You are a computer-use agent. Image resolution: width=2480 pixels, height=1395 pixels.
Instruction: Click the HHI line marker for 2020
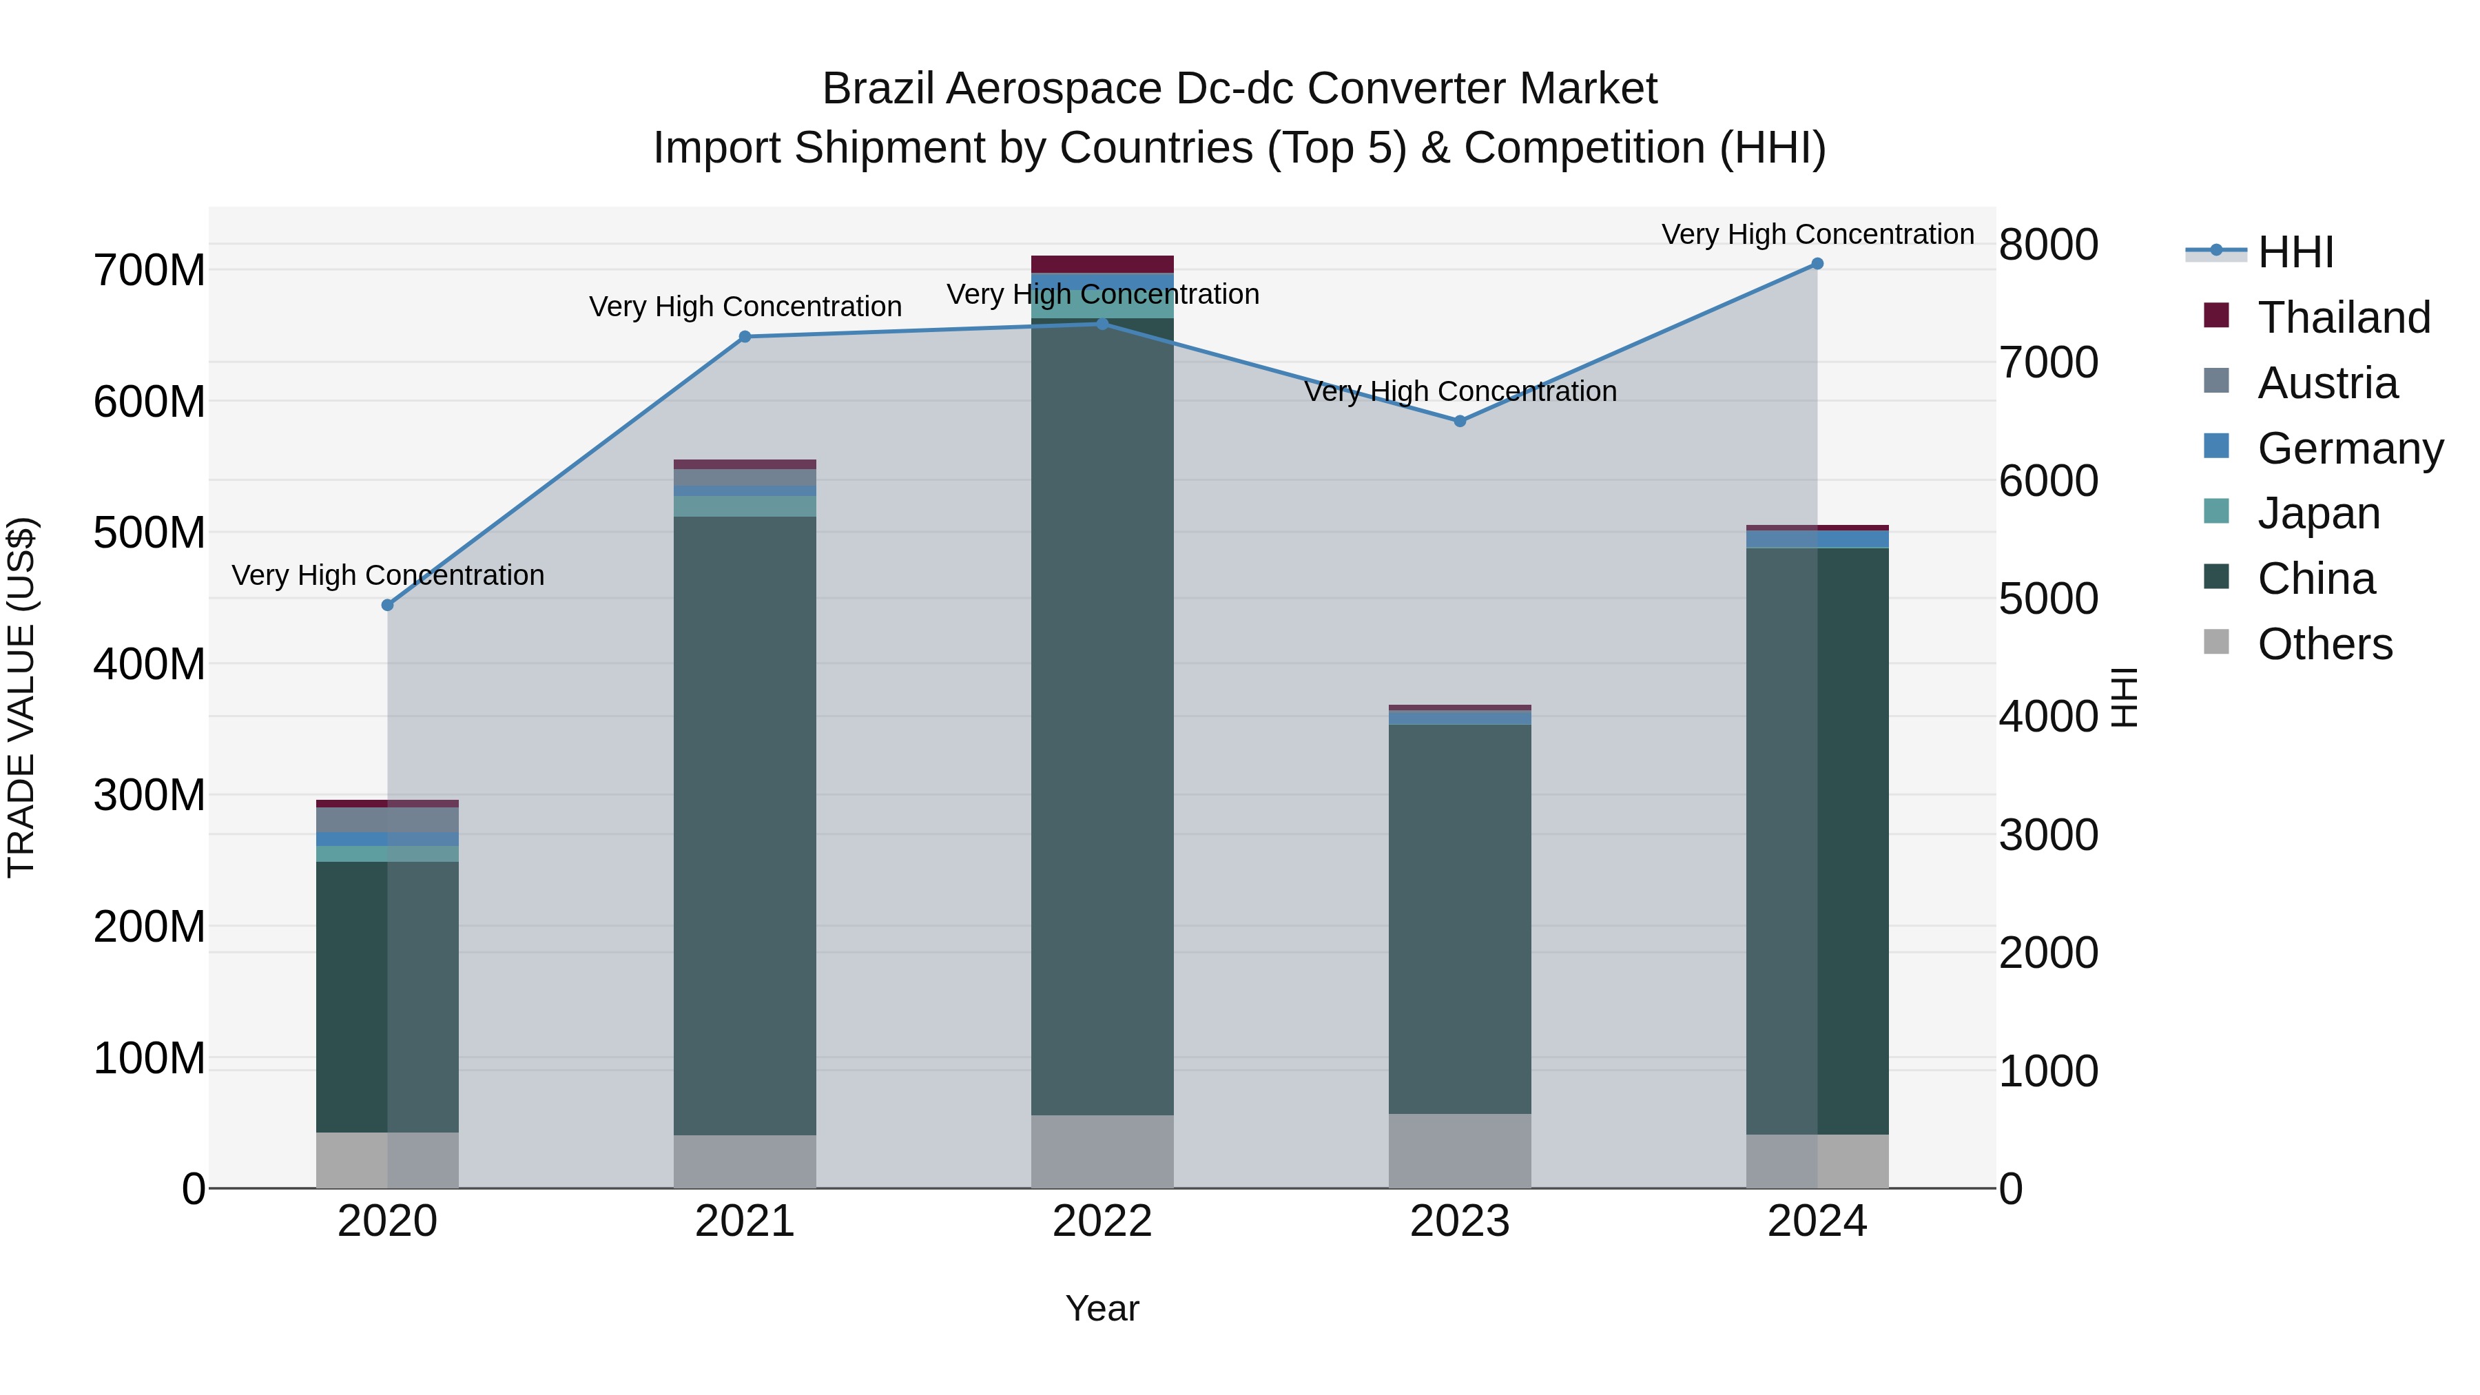click(388, 606)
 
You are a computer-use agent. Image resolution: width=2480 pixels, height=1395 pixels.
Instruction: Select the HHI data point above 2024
click(1817, 264)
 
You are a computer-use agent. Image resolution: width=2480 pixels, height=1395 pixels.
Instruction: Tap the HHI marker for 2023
click(1460, 422)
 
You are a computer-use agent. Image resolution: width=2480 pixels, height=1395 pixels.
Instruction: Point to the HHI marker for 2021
click(745, 337)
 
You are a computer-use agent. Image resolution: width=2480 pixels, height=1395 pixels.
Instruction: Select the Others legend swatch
click(2216, 642)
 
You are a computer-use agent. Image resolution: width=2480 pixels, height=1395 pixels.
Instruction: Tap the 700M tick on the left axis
click(149, 271)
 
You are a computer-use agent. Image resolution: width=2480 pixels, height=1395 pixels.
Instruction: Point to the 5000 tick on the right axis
click(2048, 599)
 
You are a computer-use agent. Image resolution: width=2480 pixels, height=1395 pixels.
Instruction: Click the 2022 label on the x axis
click(1102, 1221)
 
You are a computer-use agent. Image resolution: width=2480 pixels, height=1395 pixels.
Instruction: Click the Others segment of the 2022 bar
click(1102, 1151)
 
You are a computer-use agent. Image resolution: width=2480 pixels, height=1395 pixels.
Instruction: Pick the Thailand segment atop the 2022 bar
click(1102, 265)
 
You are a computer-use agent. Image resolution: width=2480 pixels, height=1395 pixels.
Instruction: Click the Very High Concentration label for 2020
click(388, 576)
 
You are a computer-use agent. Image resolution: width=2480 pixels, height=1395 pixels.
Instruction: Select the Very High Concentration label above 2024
click(1817, 235)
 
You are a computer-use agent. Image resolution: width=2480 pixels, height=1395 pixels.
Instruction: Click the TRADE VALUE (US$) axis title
click(21, 697)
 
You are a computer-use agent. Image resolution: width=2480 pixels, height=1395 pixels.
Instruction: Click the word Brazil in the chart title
click(879, 90)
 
